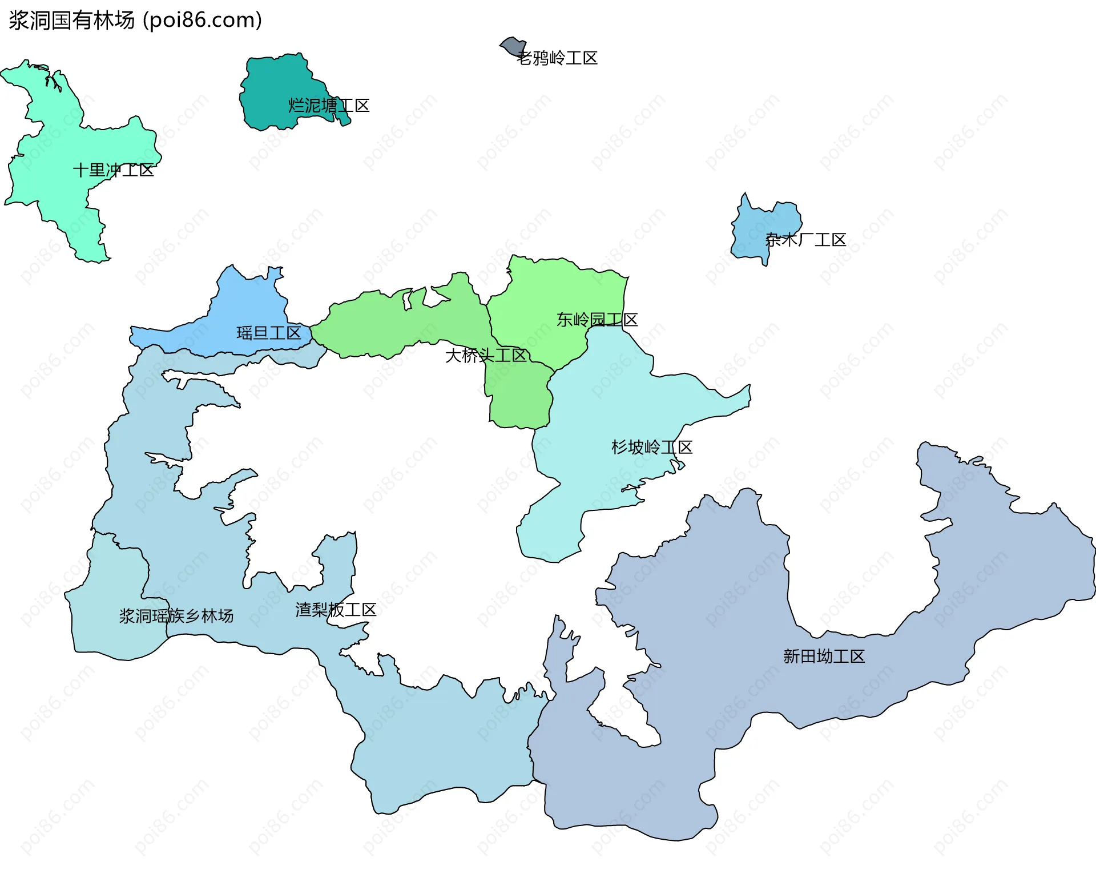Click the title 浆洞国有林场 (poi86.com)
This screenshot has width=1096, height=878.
click(x=135, y=21)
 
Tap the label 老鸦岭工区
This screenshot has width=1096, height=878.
click(x=557, y=58)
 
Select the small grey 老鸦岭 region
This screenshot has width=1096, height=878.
click(x=511, y=46)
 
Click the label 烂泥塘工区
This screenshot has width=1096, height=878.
click(x=329, y=106)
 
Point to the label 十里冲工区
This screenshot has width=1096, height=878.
click(x=114, y=170)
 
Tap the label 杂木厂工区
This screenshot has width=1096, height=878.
click(x=805, y=240)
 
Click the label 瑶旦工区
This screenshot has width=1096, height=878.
click(x=269, y=333)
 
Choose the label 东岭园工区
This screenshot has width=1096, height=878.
click(x=597, y=320)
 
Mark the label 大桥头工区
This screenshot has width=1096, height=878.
click(x=486, y=356)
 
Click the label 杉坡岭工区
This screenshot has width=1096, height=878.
click(x=652, y=447)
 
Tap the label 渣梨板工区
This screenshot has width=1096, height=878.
click(x=336, y=610)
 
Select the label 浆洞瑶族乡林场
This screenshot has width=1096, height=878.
click(x=176, y=616)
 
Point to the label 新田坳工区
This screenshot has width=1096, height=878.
click(x=824, y=657)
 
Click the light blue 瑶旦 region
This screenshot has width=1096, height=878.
click(x=245, y=303)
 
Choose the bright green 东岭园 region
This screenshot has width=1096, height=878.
click(x=548, y=291)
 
